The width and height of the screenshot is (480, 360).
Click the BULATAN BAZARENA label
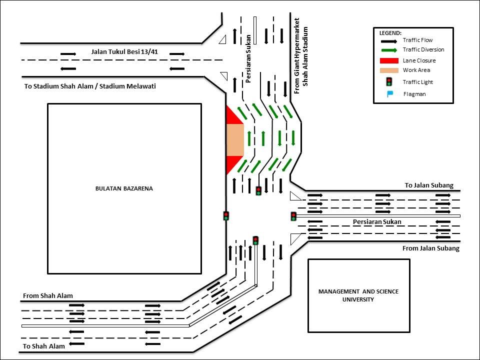(124, 188)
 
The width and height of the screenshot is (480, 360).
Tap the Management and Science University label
(358, 295)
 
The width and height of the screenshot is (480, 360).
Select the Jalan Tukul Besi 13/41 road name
(124, 51)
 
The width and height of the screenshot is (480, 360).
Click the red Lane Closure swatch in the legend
(389, 60)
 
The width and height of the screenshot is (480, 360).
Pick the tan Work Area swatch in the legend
(389, 70)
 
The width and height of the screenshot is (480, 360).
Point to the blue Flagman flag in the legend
(390, 94)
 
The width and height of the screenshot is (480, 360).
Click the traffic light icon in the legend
(389, 81)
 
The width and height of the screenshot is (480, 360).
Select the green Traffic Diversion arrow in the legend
(389, 50)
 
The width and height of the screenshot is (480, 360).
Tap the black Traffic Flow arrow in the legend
(389, 41)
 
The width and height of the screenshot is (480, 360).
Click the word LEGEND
(390, 33)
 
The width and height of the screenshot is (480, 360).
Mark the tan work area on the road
(235, 140)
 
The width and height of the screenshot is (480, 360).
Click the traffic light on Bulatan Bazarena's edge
(226, 216)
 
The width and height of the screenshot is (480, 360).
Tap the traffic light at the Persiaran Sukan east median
(293, 216)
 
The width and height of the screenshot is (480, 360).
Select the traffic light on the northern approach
(258, 190)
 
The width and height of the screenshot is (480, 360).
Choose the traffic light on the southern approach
(255, 240)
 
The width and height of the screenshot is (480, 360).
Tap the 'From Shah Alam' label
(48, 295)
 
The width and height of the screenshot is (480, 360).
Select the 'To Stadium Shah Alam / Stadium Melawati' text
(90, 86)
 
